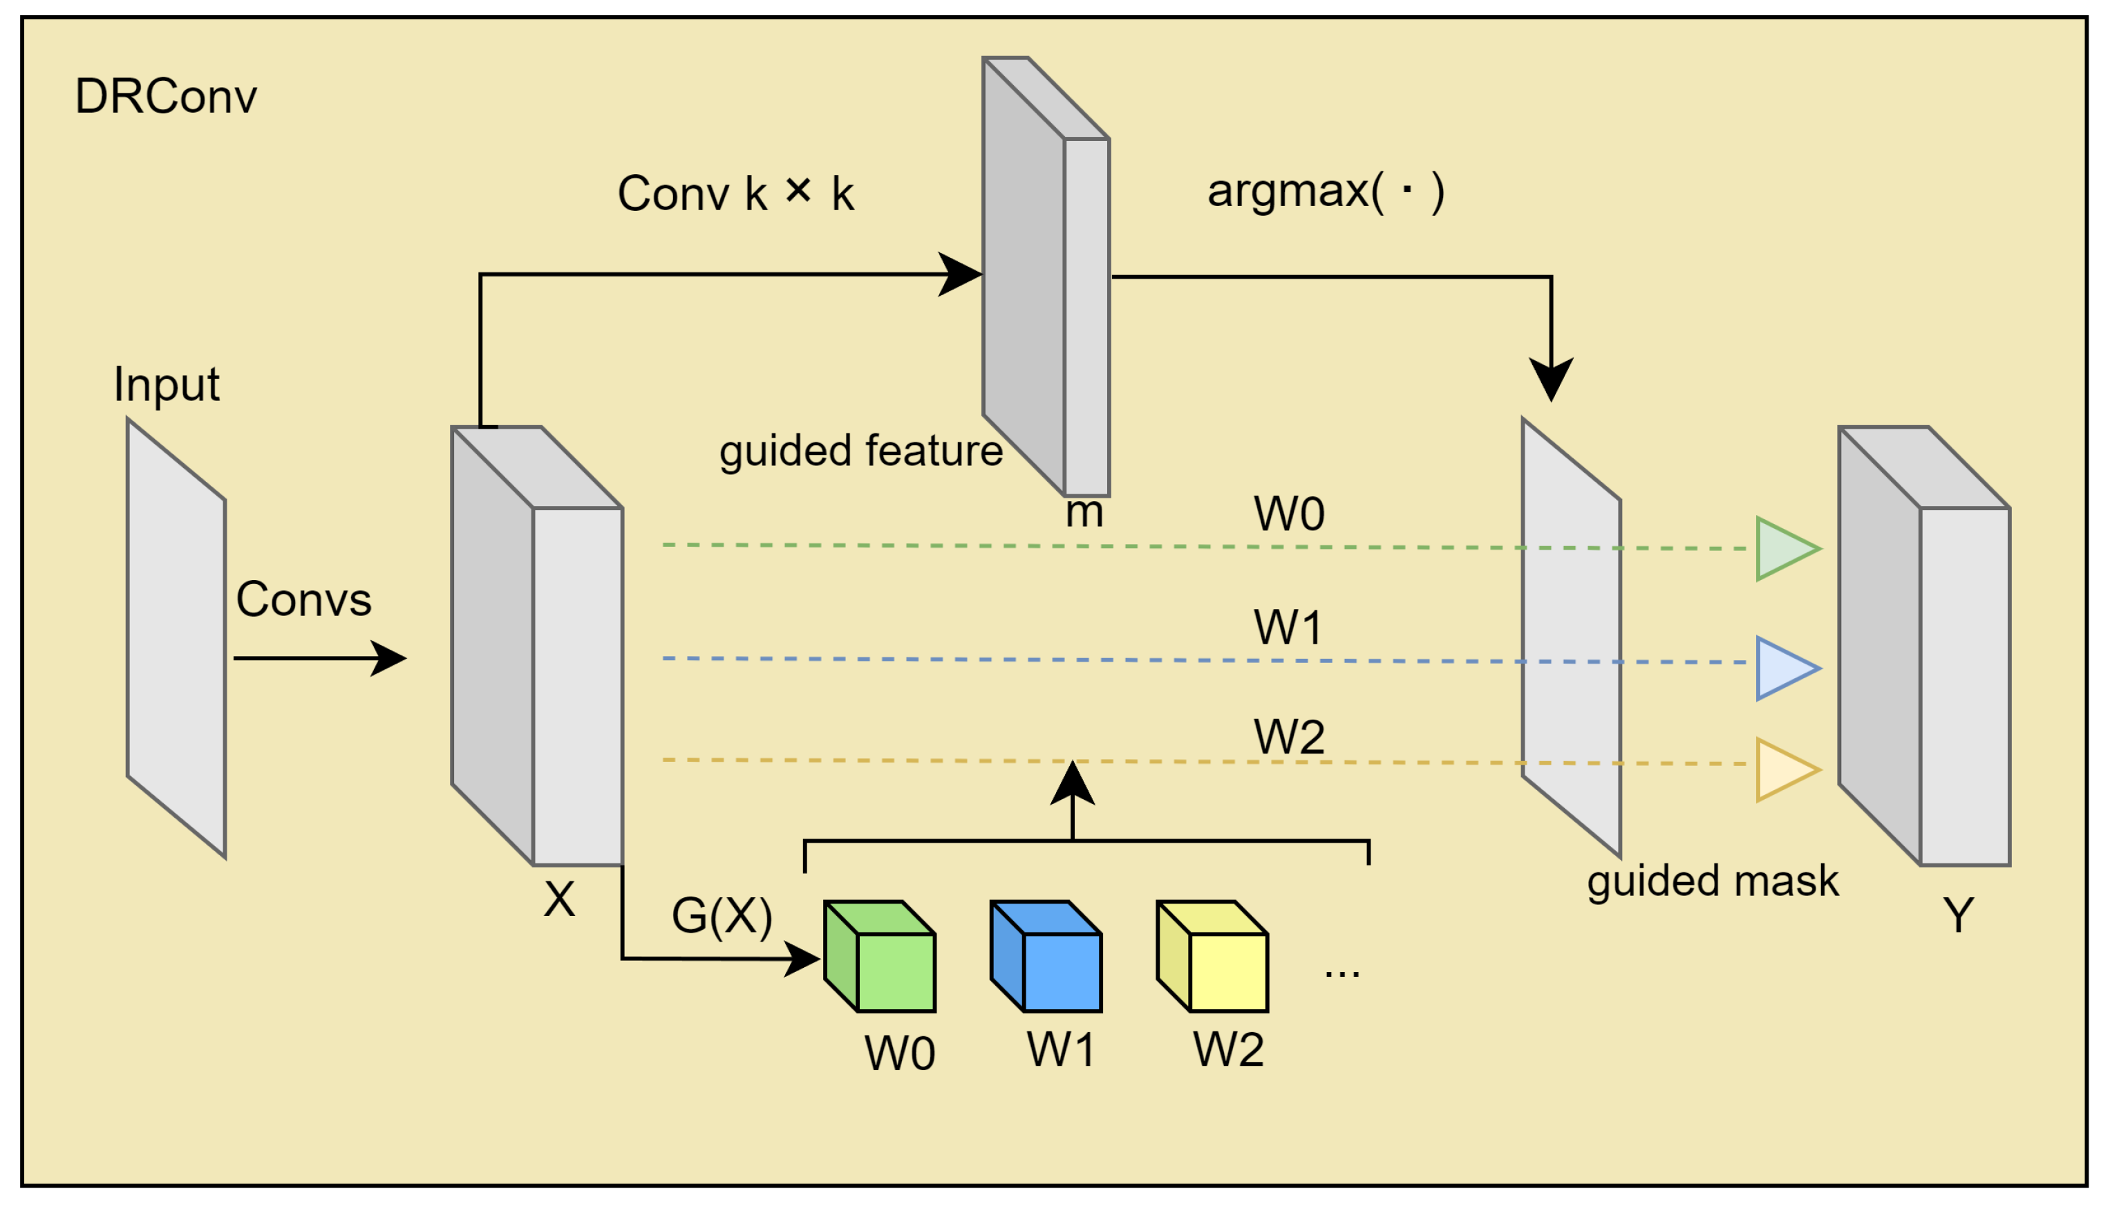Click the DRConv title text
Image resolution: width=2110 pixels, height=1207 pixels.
pyautogui.click(x=166, y=97)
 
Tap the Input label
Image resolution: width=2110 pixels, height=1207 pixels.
pyautogui.click(x=166, y=384)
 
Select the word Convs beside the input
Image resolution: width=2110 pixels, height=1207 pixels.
pyautogui.click(x=303, y=599)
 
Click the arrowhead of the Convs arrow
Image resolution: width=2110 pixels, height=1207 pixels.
pyautogui.click(x=390, y=658)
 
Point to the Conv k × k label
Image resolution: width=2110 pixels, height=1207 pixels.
pyautogui.click(x=735, y=193)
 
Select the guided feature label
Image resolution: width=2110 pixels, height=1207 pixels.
pyautogui.click(x=860, y=452)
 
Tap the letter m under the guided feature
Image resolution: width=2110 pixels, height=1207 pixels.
pyautogui.click(x=1084, y=513)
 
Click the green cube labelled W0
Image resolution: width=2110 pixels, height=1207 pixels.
pyautogui.click(x=881, y=957)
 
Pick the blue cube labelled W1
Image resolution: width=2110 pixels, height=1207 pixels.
pyautogui.click(x=1047, y=957)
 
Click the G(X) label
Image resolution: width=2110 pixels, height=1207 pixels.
pyautogui.click(x=722, y=916)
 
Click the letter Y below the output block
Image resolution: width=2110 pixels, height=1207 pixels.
pyautogui.click(x=1959, y=916)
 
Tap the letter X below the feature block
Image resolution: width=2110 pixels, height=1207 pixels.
pyautogui.click(x=559, y=899)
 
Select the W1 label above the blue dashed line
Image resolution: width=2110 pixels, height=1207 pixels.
pyautogui.click(x=1287, y=628)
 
